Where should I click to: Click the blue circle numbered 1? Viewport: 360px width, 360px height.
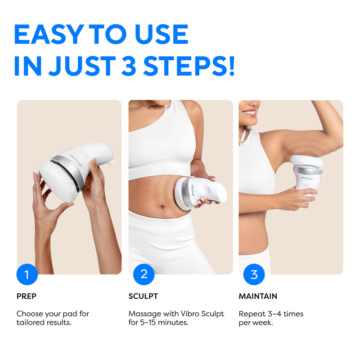(27, 274)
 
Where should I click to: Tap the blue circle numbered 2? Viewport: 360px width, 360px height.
(144, 274)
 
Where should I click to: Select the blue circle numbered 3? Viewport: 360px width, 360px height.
(254, 274)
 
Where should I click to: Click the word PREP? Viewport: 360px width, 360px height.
(27, 296)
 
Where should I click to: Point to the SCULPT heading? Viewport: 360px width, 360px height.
(143, 296)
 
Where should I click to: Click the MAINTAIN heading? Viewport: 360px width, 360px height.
(258, 296)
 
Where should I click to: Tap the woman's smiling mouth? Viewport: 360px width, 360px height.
(249, 112)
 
